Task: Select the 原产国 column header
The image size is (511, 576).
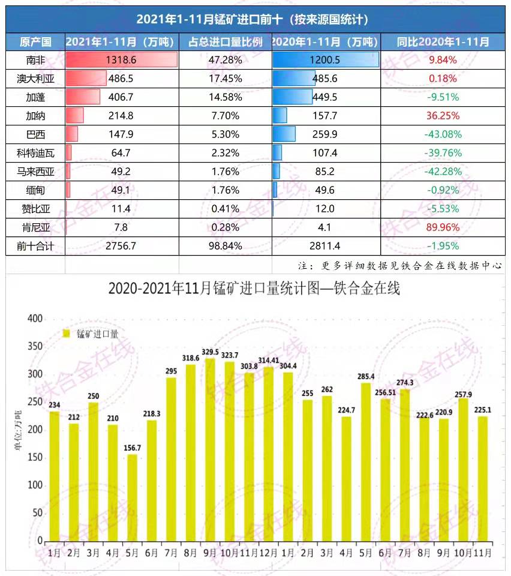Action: [35, 42]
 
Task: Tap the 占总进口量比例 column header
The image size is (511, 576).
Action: [226, 42]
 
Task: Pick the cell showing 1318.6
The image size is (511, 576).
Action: [121, 60]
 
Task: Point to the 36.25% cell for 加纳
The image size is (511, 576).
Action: [443, 115]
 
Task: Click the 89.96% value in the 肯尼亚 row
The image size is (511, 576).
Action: [443, 227]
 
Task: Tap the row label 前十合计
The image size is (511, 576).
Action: [35, 246]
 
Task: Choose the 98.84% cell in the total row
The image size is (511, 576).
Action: [225, 246]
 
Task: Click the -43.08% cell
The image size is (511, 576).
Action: [443, 134]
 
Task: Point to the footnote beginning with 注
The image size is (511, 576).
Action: [399, 265]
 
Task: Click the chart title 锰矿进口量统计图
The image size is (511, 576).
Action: [254, 289]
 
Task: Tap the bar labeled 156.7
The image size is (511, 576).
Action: [132, 498]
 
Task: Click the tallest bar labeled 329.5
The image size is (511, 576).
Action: [210, 450]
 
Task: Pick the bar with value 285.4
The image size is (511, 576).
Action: [366, 462]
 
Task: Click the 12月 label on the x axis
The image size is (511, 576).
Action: [268, 550]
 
